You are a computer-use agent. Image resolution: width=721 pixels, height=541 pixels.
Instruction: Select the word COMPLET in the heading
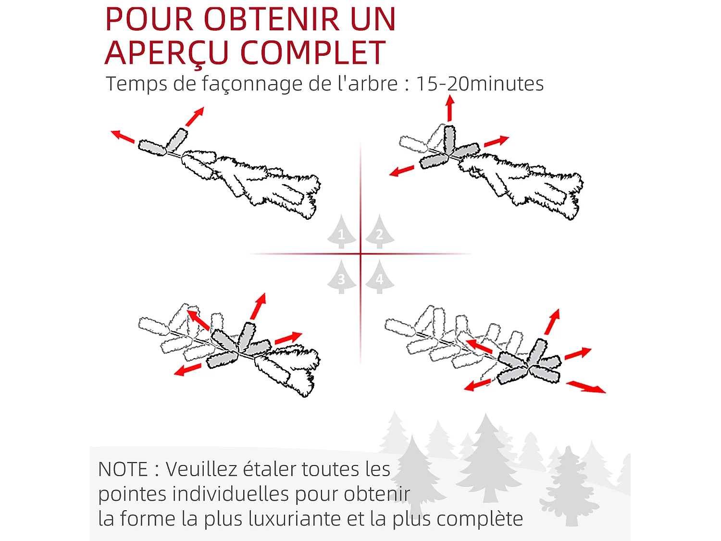point(313,52)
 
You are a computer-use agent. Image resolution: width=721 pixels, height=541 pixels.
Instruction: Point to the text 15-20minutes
point(480,83)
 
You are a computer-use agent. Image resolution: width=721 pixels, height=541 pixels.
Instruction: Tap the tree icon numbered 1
point(342,232)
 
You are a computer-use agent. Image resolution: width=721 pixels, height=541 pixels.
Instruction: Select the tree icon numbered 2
point(380,232)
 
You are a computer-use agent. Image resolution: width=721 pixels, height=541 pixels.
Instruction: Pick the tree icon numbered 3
point(342,277)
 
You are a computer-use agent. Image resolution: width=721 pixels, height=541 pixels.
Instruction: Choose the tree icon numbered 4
point(380,277)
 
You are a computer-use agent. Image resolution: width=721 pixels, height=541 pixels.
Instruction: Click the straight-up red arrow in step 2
point(450,108)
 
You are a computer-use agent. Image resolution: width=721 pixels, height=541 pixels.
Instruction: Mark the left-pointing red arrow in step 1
point(123,136)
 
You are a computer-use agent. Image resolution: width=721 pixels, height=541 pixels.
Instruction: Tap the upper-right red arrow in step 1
point(195,116)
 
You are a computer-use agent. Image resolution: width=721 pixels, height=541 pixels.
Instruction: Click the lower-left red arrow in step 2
point(401,171)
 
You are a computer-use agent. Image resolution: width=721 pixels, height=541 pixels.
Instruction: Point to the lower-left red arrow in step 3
point(187,369)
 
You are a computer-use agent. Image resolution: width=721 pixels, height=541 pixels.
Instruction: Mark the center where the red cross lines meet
point(360,254)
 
